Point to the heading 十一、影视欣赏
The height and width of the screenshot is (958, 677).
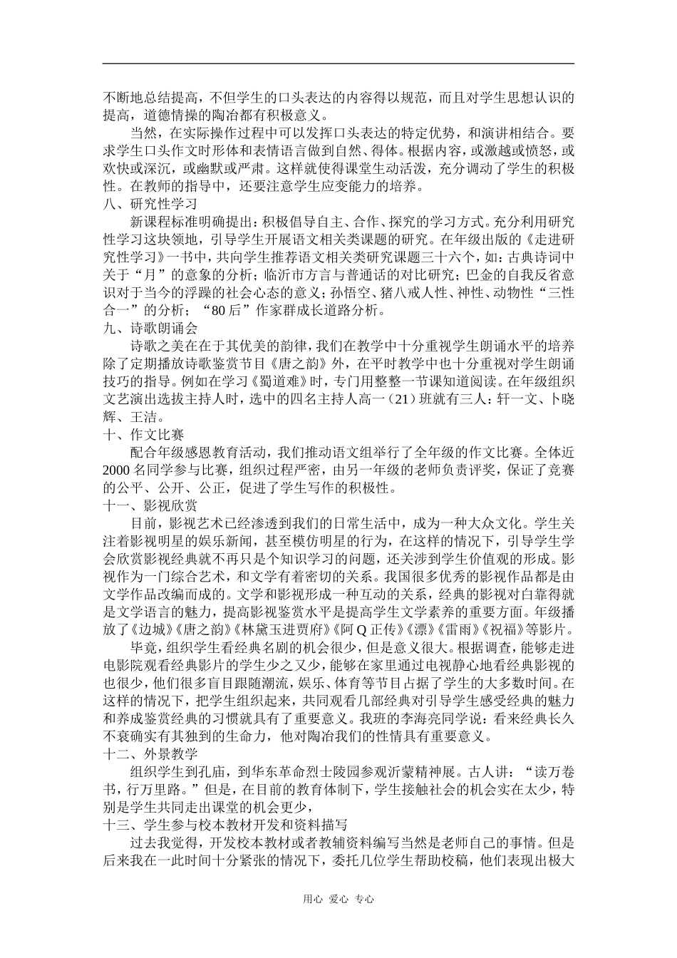tap(150, 505)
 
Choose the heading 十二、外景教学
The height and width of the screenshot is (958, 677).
tap(150, 754)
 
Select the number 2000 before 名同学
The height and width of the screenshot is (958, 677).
tap(118, 470)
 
